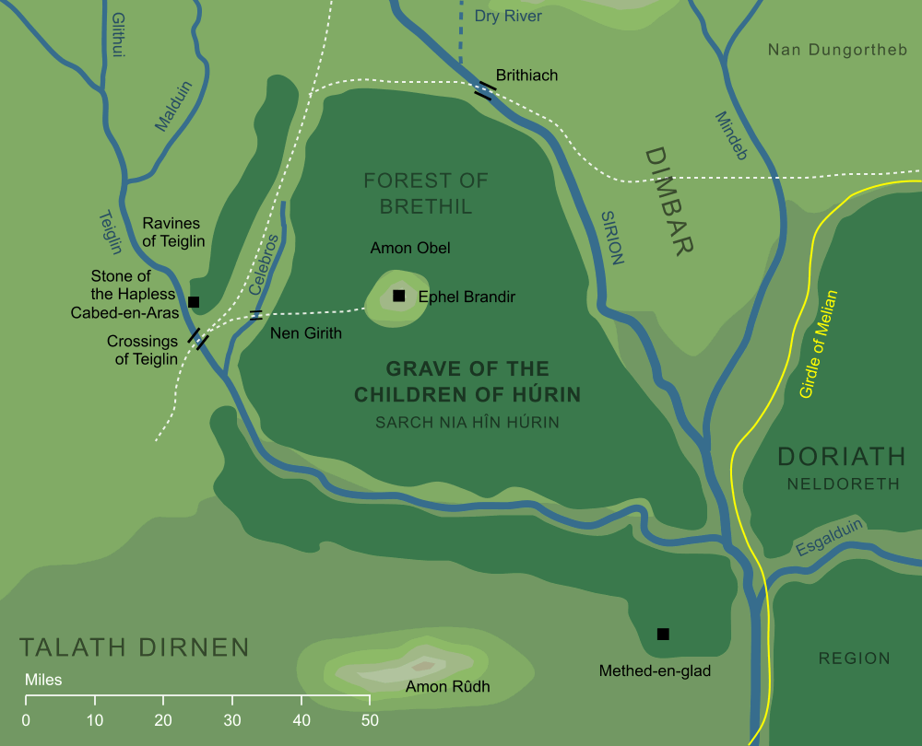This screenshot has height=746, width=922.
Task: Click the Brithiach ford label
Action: tap(526, 76)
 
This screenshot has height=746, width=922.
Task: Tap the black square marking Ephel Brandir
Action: tap(398, 296)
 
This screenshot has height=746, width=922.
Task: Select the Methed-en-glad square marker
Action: tap(662, 634)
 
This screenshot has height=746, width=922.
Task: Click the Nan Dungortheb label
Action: tap(839, 50)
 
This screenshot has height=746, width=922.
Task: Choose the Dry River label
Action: tap(508, 17)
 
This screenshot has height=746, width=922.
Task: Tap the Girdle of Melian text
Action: tap(819, 344)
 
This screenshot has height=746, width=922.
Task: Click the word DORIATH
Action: tap(842, 457)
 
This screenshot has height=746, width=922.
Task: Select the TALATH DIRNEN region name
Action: tap(135, 647)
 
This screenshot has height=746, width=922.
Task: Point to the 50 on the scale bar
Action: tap(370, 720)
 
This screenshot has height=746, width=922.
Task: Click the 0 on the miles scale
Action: tap(26, 720)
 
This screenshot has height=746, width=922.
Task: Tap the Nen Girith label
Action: tap(305, 333)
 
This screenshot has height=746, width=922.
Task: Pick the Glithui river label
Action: tap(117, 36)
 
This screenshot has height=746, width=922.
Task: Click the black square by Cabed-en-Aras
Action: tap(194, 301)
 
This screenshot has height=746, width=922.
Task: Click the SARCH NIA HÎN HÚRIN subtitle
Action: tap(467, 423)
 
